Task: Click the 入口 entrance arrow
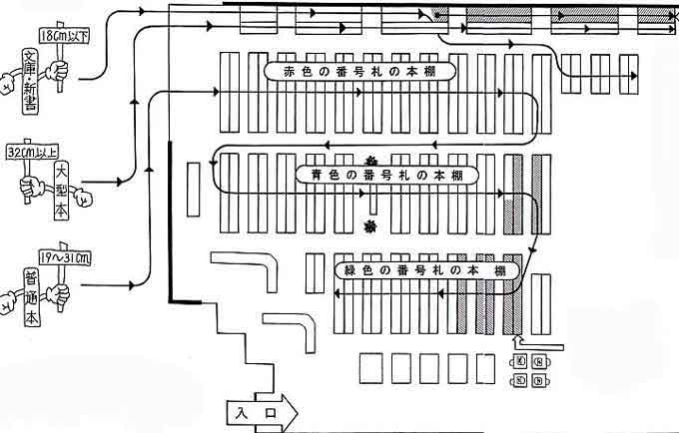click(x=256, y=409)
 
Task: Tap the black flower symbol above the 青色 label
click(x=370, y=160)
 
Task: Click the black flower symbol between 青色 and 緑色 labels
click(x=370, y=228)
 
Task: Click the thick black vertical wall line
click(x=172, y=219)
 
